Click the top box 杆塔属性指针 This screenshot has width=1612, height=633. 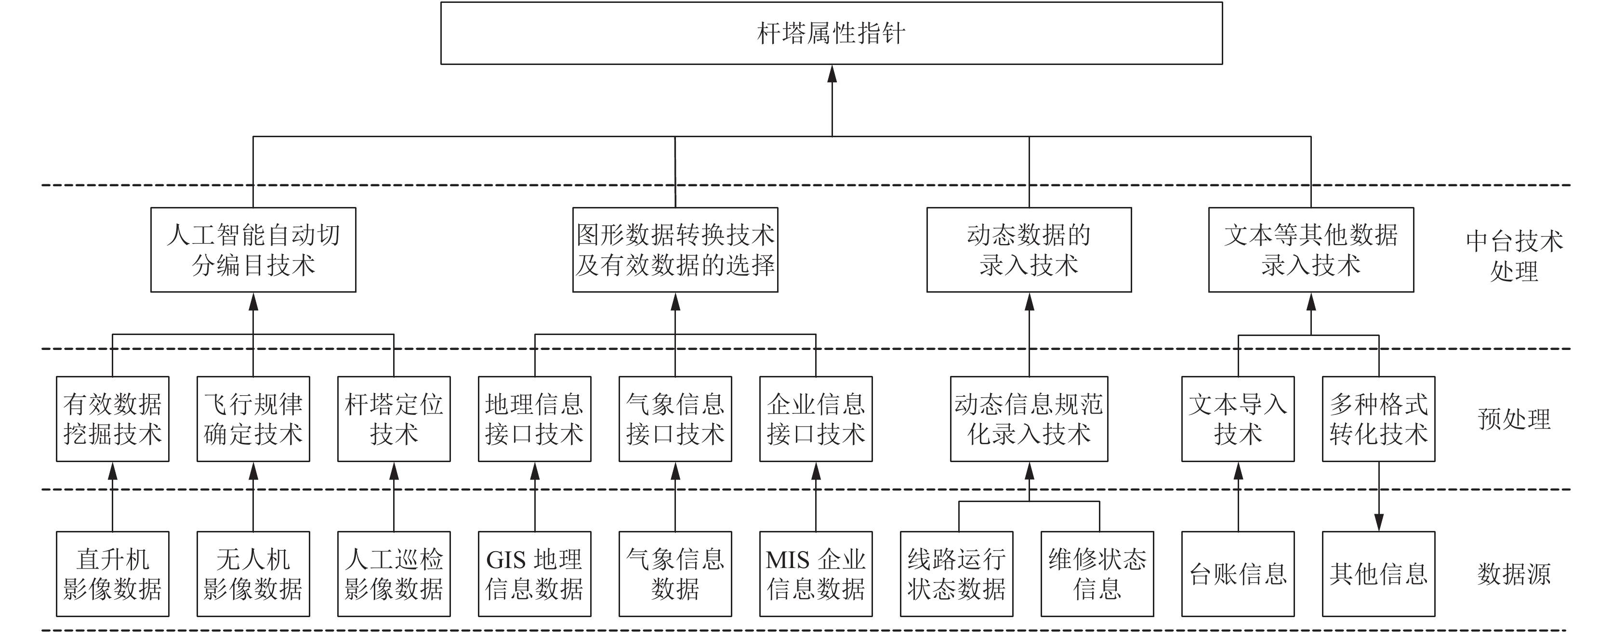(x=832, y=33)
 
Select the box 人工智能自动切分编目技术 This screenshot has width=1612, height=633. (x=253, y=249)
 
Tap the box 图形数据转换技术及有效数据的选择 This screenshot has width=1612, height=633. (x=675, y=249)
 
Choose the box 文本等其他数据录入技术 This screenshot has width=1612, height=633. (x=1311, y=249)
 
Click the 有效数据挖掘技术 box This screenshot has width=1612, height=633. (x=113, y=419)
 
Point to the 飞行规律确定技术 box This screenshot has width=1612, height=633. (x=253, y=419)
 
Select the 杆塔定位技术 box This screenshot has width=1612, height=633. (x=394, y=419)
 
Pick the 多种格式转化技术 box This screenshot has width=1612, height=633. (x=1379, y=419)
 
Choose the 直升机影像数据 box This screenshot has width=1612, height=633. (x=113, y=574)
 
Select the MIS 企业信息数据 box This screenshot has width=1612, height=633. (x=816, y=574)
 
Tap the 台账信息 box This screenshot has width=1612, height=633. (x=1238, y=574)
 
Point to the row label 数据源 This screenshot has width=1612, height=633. (x=1514, y=574)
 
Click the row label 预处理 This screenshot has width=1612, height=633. (x=1514, y=419)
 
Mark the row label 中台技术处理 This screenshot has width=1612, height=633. (x=1514, y=256)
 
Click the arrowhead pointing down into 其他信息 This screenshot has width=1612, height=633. (x=1379, y=522)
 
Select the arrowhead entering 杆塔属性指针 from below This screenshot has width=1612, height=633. (x=832, y=74)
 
